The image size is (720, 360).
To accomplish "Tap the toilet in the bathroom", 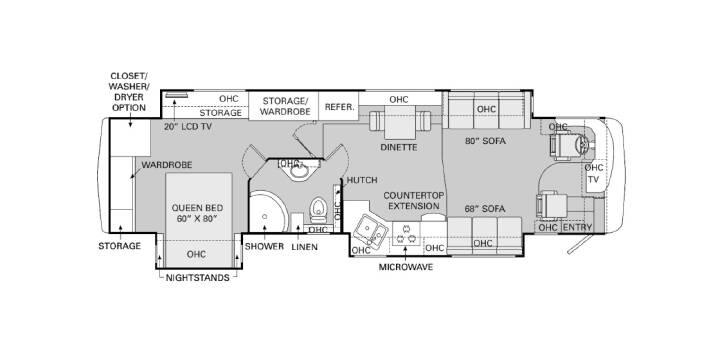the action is pos(318,209).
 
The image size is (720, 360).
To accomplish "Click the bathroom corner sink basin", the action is pos(299,172).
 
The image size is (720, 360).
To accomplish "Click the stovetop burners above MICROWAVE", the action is pos(406,233).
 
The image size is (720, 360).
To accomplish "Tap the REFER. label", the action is pos(340,107).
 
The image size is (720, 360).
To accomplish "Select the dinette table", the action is pos(400,122).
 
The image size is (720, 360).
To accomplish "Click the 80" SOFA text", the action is pos(485,141).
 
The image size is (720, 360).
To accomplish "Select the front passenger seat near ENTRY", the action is pos(551,207).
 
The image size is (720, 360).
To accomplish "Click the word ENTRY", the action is pos(577,227).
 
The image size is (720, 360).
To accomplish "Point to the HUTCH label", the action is pos(362,180).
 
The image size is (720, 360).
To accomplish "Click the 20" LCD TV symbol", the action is pos(177,95).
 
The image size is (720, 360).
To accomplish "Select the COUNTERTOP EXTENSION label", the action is pos(414,201).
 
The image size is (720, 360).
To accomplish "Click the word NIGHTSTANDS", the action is pos(197,278).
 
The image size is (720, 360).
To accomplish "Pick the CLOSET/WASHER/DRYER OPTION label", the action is pos(129,91).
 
